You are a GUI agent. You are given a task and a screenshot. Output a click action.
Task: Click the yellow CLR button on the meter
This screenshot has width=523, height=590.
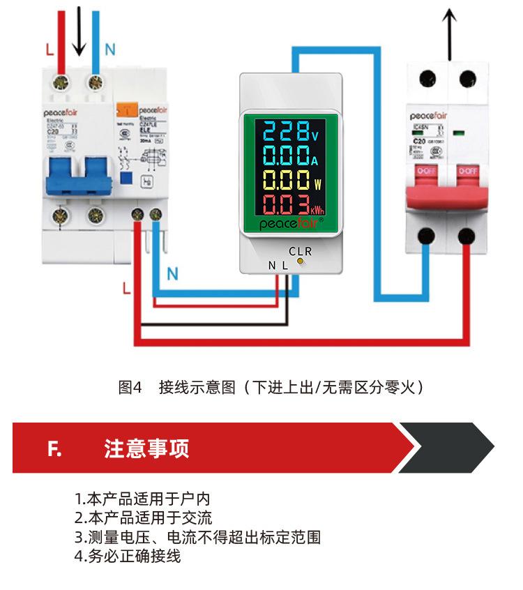pos(301,262)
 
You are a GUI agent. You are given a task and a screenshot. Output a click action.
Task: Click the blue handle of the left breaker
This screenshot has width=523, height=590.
pos(79,174)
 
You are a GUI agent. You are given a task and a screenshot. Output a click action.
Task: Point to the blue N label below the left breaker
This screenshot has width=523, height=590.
pos(172,275)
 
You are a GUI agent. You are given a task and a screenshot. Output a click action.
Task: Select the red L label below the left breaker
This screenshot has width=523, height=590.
pos(126,289)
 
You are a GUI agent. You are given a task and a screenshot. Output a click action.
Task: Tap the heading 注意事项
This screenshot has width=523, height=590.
pos(146,448)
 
